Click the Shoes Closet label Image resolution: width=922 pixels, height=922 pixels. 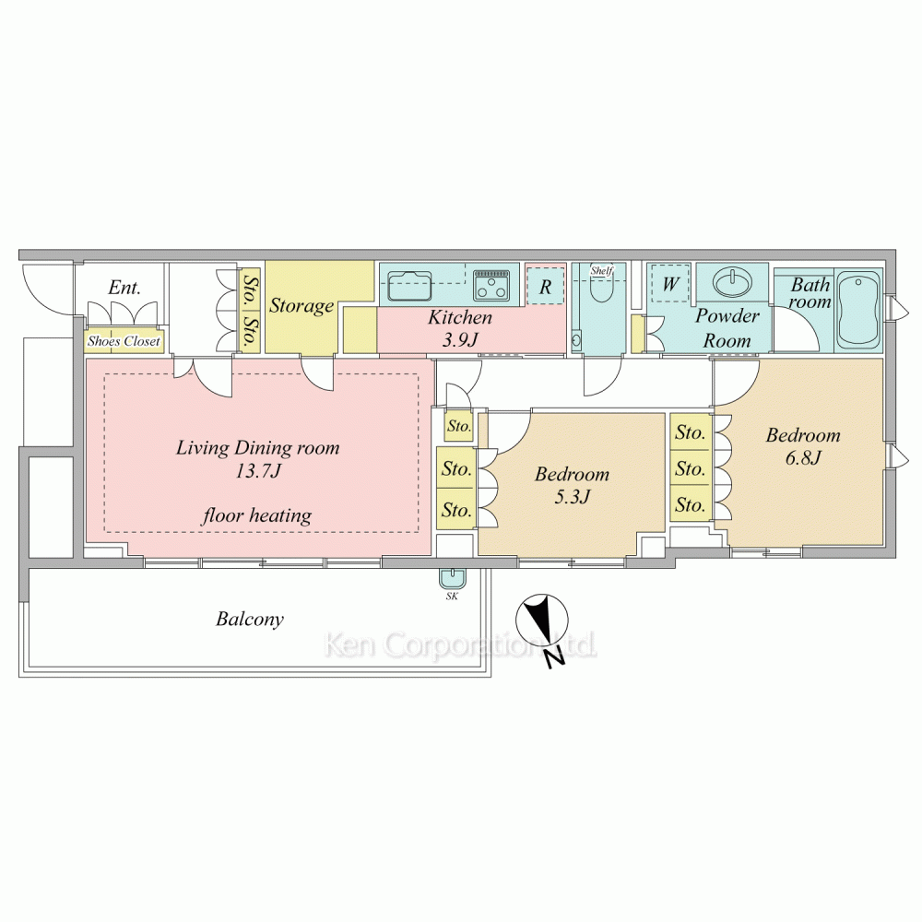coord(124,341)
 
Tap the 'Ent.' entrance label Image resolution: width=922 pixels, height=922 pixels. coord(124,288)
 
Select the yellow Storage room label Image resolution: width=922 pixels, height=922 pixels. coord(301,306)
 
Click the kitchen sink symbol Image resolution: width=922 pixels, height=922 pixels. coord(410,285)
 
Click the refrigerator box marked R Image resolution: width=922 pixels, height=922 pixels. coord(545,287)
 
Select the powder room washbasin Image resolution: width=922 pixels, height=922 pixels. coord(733,282)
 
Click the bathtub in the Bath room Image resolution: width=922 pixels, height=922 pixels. coord(858,311)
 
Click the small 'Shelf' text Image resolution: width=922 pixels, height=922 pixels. coord(601,270)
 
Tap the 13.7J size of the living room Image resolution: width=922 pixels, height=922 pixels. coord(257,471)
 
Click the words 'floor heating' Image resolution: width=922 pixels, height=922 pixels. coord(257,515)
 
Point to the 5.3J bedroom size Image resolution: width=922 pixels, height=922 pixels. coord(572,498)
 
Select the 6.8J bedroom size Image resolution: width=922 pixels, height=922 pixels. coord(803,458)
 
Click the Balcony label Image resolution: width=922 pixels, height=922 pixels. coord(249,620)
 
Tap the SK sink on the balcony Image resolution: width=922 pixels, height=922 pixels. coord(452,578)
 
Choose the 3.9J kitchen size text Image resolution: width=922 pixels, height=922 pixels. coord(460,340)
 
